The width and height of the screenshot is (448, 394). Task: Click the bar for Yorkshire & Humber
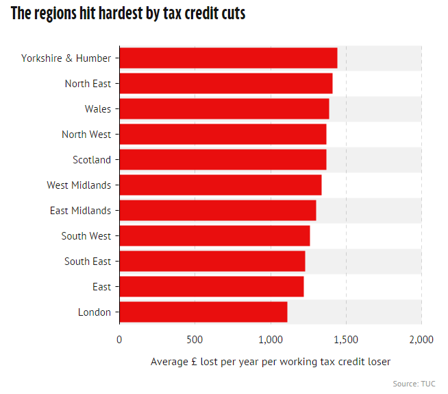coord(228,58)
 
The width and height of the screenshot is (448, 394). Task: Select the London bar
coord(203,312)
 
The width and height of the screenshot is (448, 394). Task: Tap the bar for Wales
coord(224,109)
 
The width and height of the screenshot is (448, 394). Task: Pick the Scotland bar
coord(223,160)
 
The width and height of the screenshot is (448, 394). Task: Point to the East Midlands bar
coord(217,211)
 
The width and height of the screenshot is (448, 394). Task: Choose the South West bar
coord(214,236)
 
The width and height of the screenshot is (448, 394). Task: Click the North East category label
coord(88,84)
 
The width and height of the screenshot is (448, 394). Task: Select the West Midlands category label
coord(79,185)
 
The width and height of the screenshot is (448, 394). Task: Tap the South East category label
coord(88,262)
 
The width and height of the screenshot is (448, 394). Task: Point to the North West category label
coord(86,135)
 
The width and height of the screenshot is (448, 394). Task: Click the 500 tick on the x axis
coord(195,339)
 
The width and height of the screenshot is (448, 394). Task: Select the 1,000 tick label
coord(271,339)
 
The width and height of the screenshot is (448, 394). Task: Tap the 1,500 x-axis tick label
coord(346,339)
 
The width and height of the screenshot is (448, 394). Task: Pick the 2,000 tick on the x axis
coord(421,339)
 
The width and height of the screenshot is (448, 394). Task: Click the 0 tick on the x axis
coord(119,339)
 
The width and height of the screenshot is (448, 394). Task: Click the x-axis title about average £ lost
coord(271,362)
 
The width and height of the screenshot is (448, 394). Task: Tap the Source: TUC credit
coord(414,384)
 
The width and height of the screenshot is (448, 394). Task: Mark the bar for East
coord(211,287)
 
